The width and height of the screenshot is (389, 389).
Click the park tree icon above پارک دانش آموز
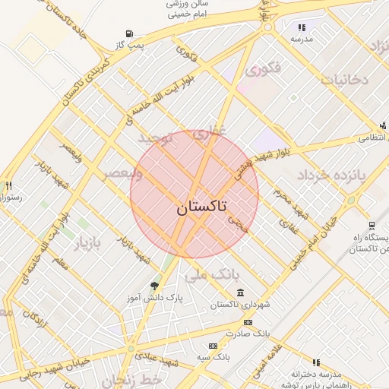point(155,286)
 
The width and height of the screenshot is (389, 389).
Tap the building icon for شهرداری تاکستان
point(241,293)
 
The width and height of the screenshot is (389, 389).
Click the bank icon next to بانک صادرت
point(248,322)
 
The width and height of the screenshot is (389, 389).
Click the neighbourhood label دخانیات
point(343,79)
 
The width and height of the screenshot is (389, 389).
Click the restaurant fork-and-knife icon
point(8,185)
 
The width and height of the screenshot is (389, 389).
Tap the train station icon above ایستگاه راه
point(371,225)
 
